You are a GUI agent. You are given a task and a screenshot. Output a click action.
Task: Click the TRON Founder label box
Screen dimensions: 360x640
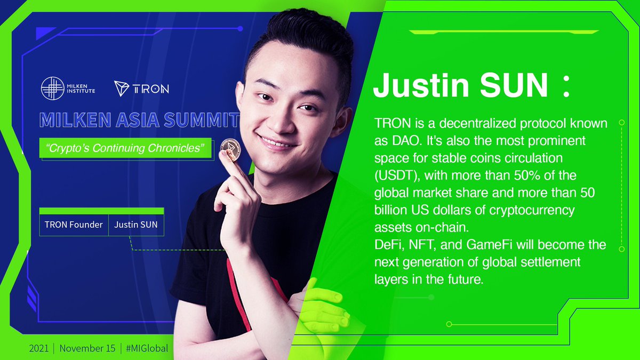(74, 225)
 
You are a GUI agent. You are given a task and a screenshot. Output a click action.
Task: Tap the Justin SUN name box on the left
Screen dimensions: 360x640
(135, 225)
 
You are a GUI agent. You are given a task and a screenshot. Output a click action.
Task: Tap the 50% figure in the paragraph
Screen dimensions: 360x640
(514, 176)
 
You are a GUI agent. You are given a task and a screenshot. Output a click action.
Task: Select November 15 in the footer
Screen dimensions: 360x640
(87, 348)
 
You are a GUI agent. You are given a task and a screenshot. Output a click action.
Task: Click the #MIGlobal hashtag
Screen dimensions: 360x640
(147, 348)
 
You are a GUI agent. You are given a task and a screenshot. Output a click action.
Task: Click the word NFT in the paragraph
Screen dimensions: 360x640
(421, 245)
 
